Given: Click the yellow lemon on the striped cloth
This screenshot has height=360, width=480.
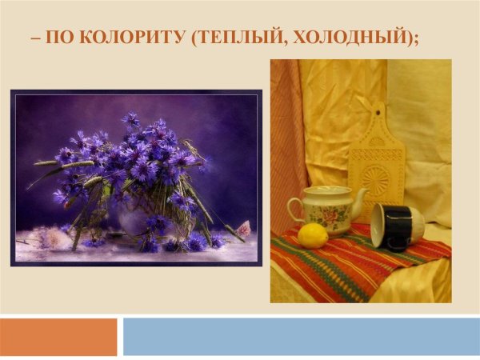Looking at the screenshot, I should coord(313,234).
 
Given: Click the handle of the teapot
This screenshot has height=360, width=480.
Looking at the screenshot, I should coord(294,210).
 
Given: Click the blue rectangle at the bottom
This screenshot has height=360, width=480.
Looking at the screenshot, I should coord(301,337).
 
